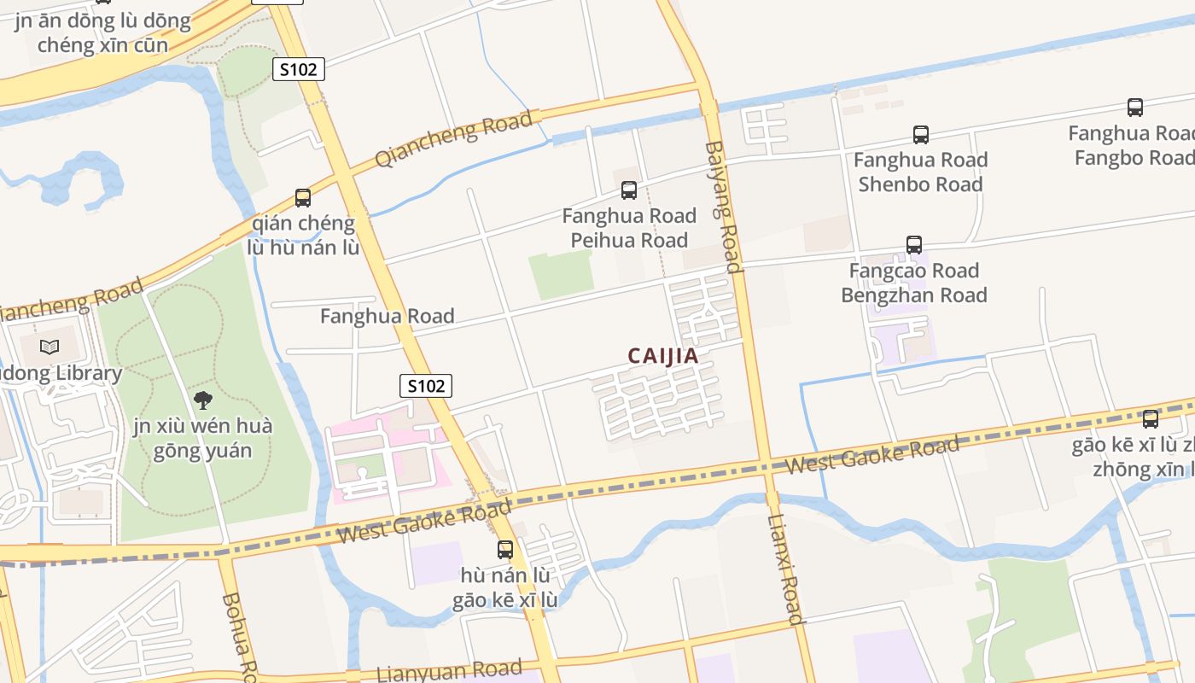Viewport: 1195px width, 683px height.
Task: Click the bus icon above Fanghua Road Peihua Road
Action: click(x=629, y=190)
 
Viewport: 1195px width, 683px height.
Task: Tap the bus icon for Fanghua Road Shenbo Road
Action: click(x=920, y=135)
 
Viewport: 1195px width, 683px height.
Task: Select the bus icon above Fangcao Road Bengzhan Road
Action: click(x=914, y=245)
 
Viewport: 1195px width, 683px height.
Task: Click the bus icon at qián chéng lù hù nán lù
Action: click(x=303, y=198)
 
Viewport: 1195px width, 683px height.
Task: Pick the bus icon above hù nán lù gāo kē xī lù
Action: click(x=505, y=550)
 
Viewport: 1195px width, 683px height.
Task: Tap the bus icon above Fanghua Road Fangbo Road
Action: click(x=1134, y=108)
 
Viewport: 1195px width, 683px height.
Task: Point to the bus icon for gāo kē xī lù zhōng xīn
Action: click(x=1150, y=419)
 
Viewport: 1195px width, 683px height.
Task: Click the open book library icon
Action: click(x=50, y=347)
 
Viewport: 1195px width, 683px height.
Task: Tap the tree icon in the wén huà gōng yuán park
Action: click(x=202, y=400)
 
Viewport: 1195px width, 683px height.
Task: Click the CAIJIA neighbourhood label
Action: click(x=663, y=356)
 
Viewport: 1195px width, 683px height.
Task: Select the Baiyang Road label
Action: click(x=722, y=207)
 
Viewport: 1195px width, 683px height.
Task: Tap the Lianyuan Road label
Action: click(x=449, y=670)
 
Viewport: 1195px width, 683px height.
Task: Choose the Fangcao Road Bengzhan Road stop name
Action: click(x=913, y=283)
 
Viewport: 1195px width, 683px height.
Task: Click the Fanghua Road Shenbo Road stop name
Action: click(x=920, y=172)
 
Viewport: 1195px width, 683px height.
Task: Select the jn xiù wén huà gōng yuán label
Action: click(x=202, y=438)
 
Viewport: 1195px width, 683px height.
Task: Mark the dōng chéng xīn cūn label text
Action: click(x=102, y=32)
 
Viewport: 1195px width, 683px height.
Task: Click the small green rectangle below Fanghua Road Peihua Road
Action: click(x=561, y=274)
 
